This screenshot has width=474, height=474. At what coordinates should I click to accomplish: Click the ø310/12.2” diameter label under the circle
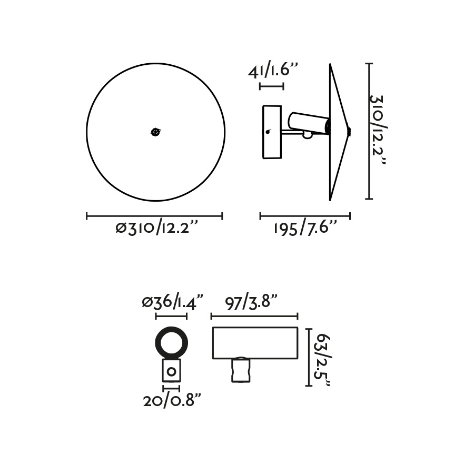click(x=156, y=228)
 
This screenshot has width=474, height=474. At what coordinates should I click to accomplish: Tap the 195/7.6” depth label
click(x=305, y=228)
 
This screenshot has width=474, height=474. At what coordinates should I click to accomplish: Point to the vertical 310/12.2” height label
click(x=377, y=130)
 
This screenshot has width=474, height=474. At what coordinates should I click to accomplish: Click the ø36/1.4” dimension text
click(x=172, y=301)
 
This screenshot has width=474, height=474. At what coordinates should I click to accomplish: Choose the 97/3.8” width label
click(x=251, y=301)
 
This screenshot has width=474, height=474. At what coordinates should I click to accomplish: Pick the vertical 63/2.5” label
click(x=323, y=360)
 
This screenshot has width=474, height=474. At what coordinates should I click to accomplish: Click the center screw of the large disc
click(x=155, y=132)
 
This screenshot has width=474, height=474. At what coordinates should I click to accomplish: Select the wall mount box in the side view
click(x=272, y=132)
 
